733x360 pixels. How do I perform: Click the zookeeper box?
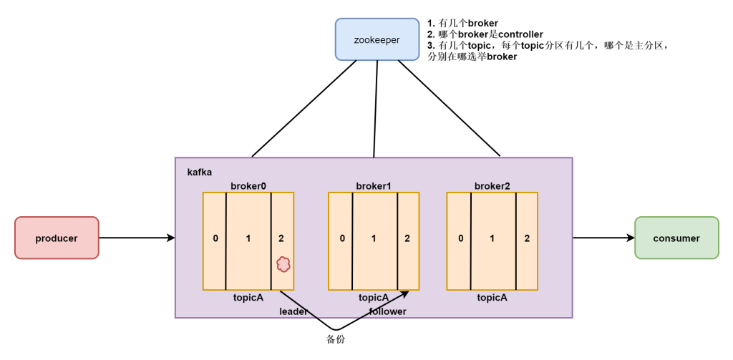click(377, 39)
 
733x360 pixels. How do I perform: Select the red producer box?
click(57, 238)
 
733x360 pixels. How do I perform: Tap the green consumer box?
click(676, 238)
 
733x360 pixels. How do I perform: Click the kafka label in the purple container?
click(200, 172)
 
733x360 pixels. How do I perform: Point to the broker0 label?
click(248, 186)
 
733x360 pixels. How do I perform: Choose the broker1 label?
click(374, 186)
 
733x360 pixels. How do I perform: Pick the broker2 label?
click(492, 186)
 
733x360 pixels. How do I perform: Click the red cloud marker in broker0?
click(283, 264)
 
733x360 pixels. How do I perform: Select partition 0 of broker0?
click(215, 238)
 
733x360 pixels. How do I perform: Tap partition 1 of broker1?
click(374, 238)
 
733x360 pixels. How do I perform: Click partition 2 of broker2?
click(527, 238)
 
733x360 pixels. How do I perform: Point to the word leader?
click(293, 311)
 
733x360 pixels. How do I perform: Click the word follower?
click(387, 311)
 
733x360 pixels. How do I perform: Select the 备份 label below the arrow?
click(336, 339)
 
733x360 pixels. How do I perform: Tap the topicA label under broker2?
click(492, 298)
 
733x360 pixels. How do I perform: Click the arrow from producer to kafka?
click(136, 238)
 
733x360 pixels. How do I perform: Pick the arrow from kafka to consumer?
click(603, 238)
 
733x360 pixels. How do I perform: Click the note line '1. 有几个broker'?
click(462, 23)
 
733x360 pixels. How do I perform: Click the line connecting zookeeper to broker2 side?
click(449, 108)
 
